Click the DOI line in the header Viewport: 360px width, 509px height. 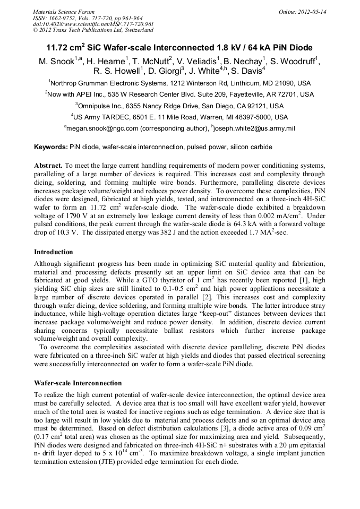coord(93,24)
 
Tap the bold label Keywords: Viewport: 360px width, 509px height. coord(50,146)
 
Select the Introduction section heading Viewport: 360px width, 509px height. coord(54,252)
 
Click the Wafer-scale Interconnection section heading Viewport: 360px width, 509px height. coord(78,383)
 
